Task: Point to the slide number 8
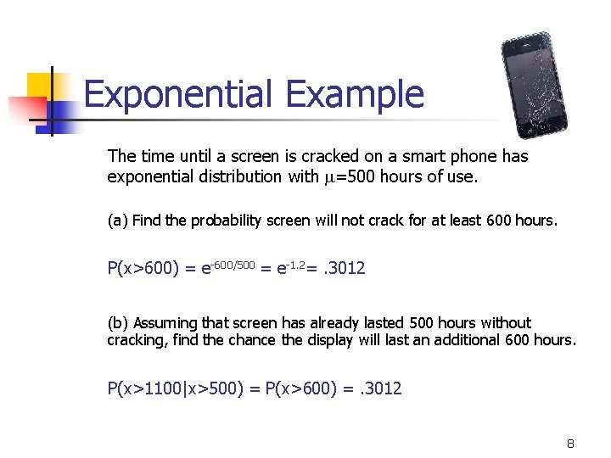click(x=570, y=444)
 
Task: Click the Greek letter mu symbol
click(x=333, y=177)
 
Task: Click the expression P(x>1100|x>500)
click(x=176, y=388)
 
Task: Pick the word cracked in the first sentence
click(x=275, y=156)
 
